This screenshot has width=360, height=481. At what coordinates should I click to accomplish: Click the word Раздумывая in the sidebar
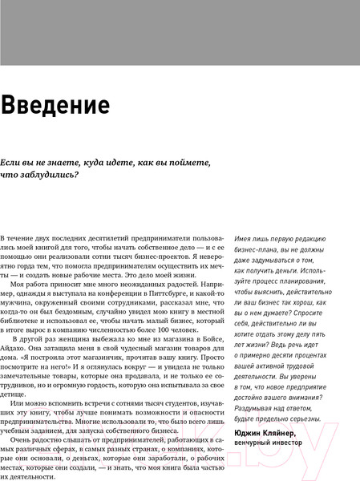[x=257, y=407]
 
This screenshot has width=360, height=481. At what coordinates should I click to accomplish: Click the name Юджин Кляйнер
[x=270, y=432]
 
